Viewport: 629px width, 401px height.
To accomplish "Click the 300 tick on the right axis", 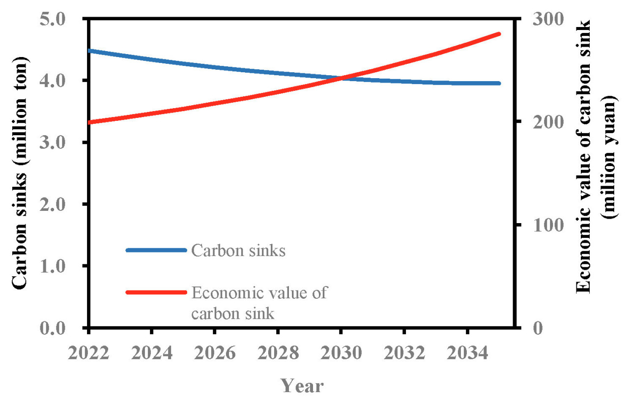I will click(539, 19).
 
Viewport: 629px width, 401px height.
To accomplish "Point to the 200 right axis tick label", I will click(539, 122).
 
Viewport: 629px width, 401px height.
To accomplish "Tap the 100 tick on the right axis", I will click(539, 225).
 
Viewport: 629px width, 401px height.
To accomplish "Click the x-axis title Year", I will click(302, 386).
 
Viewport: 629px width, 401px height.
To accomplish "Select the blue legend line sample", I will click(156, 250).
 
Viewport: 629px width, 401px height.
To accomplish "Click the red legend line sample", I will click(156, 292).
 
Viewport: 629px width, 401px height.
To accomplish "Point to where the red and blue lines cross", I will click(341, 78).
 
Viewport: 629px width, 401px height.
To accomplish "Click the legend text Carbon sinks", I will click(238, 251).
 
